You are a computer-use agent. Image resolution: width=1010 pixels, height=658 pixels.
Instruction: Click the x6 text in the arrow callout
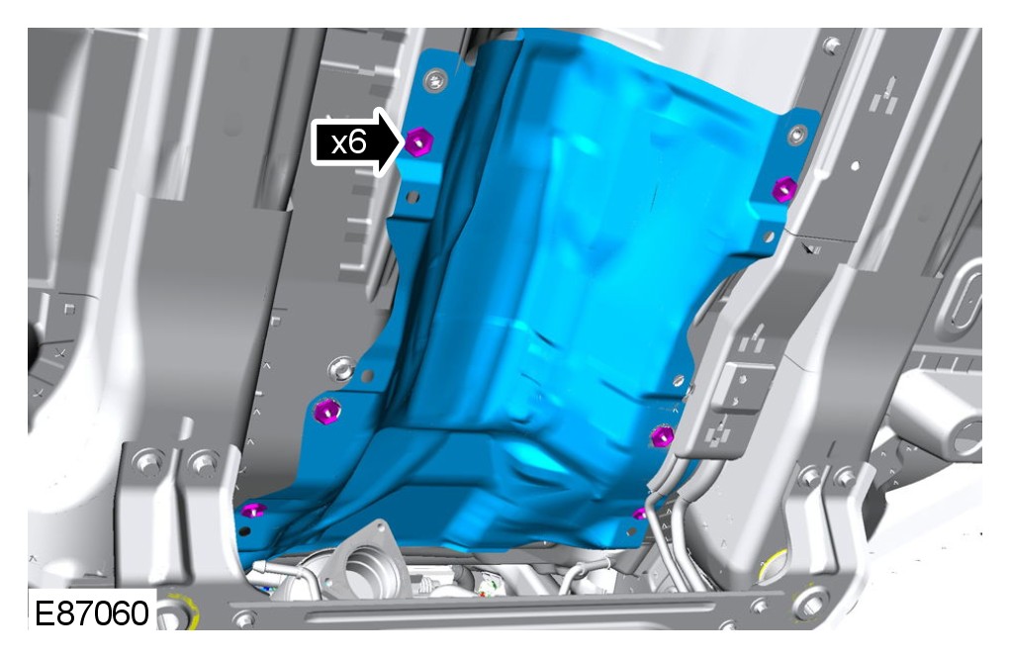pos(348,142)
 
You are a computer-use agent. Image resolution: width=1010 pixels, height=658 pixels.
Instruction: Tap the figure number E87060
pos(91,612)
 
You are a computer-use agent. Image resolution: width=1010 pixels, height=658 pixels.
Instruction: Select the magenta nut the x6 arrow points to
pos(418,141)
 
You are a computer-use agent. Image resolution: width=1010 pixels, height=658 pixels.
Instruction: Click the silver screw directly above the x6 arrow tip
pos(436,80)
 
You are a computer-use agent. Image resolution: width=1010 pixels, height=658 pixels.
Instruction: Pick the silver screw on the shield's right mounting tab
pos(797,135)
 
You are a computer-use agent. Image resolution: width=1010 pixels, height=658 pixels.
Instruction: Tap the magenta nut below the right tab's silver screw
pos(783,189)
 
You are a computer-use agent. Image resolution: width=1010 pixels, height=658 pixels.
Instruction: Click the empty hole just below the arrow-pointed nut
pos(413,197)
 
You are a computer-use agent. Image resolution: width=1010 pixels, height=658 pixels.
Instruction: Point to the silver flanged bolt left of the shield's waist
pos(341,370)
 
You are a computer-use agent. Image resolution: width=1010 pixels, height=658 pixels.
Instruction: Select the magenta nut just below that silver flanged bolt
pos(327,411)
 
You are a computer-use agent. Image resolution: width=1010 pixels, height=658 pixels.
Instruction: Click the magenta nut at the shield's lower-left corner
pos(252,511)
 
